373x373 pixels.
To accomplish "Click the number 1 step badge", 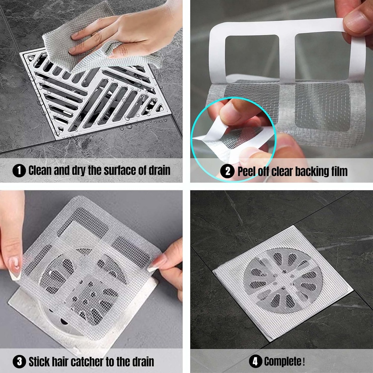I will coord(19,170).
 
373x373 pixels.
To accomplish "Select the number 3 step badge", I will coord(19,361).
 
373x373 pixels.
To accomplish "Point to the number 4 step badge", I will coord(255,361).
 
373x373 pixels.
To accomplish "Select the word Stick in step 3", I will coord(39,361).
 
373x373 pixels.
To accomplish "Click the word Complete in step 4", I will coord(282,361).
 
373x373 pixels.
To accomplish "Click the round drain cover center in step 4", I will coord(283,280).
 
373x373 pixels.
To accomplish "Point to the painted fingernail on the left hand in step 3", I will coord(15,268).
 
